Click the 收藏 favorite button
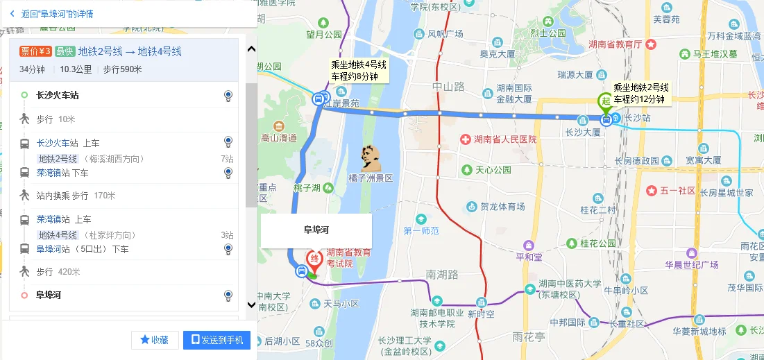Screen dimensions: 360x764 pyautogui.click(x=155, y=340)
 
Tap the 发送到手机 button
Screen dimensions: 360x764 pyautogui.click(x=217, y=340)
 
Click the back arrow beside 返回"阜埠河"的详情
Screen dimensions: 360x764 pyautogui.click(x=12, y=13)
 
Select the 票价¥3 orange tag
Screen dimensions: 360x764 pyautogui.click(x=35, y=51)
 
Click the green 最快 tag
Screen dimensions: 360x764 pyautogui.click(x=65, y=51)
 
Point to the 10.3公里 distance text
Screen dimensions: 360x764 pyautogui.click(x=76, y=69)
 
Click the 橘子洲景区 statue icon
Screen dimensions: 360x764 pyautogui.click(x=371, y=159)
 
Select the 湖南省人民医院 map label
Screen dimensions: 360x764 pyautogui.click(x=503, y=139)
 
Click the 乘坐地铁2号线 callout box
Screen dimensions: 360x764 pyautogui.click(x=640, y=93)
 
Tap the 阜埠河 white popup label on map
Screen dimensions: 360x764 pyautogui.click(x=316, y=230)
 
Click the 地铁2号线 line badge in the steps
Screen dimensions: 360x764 pyautogui.click(x=58, y=159)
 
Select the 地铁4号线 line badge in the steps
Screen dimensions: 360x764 pyautogui.click(x=58, y=235)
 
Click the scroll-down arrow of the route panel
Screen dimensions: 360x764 pyautogui.click(x=251, y=304)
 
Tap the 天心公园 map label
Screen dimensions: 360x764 pyautogui.click(x=492, y=169)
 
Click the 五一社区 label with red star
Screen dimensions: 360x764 pyautogui.click(x=677, y=191)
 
